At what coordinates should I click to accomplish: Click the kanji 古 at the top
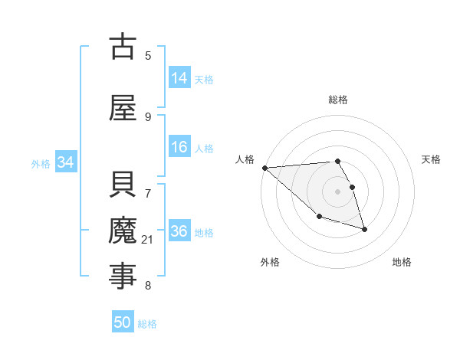click(123, 47)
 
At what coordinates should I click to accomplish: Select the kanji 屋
click(123, 108)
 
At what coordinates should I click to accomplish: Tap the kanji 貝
click(123, 186)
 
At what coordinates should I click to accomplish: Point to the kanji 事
click(123, 277)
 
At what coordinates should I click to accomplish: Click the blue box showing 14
click(179, 78)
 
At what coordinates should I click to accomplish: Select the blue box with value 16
click(179, 147)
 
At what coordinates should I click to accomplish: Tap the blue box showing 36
click(179, 231)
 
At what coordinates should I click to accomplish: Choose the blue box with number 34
click(66, 162)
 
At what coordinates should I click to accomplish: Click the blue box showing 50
click(123, 322)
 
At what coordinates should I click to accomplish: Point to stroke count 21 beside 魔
click(148, 241)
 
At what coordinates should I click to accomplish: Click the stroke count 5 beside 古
click(148, 55)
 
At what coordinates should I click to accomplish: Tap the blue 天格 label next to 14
click(204, 79)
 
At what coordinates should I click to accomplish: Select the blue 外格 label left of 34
click(41, 163)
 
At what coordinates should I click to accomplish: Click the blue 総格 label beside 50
click(147, 323)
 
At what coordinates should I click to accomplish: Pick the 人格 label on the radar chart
click(245, 159)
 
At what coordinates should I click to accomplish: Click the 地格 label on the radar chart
click(402, 262)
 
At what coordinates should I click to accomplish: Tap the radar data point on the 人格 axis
click(264, 168)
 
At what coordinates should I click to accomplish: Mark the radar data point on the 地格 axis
click(364, 229)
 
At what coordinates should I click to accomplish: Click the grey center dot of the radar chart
click(337, 191)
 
